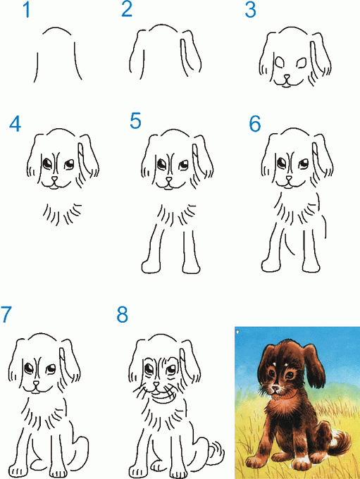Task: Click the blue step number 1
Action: click(x=27, y=10)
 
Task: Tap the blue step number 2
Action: click(x=127, y=9)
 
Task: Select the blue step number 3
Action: click(x=250, y=10)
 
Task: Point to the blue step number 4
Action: click(x=15, y=124)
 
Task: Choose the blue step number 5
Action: click(x=135, y=120)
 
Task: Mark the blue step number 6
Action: click(x=255, y=123)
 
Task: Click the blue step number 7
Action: click(x=6, y=314)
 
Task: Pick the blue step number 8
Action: click(x=123, y=315)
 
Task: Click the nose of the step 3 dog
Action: click(x=287, y=77)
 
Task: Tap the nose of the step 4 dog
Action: click(x=54, y=179)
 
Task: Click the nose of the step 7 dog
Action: click(x=37, y=383)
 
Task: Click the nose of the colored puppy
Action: click(x=275, y=388)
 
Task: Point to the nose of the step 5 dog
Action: click(x=168, y=180)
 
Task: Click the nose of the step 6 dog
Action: click(x=289, y=179)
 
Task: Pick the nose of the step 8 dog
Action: click(x=156, y=385)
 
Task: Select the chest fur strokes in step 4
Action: click(x=62, y=214)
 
